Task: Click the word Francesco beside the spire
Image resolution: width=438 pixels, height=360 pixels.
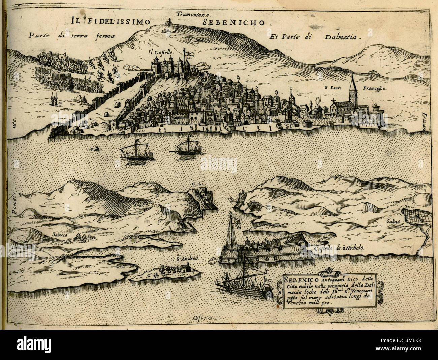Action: point(374,88)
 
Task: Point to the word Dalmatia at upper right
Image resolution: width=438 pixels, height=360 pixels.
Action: point(343,37)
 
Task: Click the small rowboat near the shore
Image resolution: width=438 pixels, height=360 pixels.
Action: point(96,149)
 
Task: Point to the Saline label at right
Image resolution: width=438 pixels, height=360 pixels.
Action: point(393,221)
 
